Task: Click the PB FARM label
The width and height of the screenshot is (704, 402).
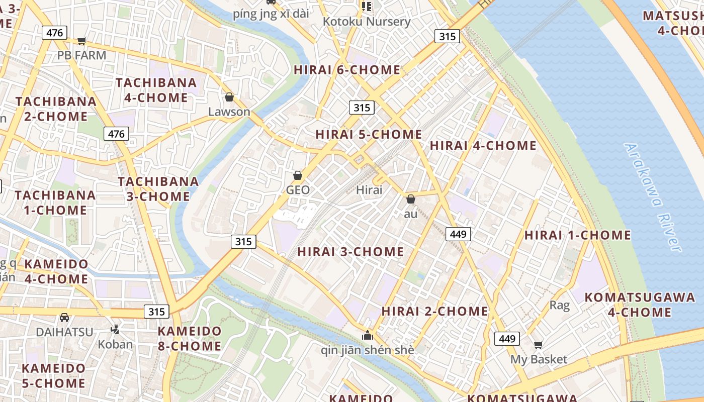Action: pos(81,55)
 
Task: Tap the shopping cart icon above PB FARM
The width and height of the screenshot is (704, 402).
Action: pos(81,41)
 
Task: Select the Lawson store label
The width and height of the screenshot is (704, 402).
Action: pos(229,112)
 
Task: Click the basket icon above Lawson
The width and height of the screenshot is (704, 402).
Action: pos(229,97)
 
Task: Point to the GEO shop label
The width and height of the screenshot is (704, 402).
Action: pos(298,190)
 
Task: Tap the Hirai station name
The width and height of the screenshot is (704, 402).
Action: pos(369,190)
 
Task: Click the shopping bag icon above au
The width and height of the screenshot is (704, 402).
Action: pos(411,199)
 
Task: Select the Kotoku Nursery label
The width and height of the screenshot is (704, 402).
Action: pos(367,22)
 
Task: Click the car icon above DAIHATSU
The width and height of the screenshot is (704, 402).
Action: pos(64,318)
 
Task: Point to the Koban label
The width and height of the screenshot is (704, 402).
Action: pos(115,344)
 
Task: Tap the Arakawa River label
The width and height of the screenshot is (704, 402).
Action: pos(652,197)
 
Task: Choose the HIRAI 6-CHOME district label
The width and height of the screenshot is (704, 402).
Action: pos(347,70)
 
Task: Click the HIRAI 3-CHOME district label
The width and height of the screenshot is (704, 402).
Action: pos(350,252)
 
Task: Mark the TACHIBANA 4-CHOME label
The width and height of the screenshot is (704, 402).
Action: pos(156,90)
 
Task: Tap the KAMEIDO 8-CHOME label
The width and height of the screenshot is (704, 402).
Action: pos(190,339)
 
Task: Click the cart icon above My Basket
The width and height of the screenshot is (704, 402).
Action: pos(539,345)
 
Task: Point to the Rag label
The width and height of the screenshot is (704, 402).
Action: pos(559,305)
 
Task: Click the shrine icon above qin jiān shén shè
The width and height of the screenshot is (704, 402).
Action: pos(368,335)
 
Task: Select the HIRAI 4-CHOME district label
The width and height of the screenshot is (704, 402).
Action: pos(483,146)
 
